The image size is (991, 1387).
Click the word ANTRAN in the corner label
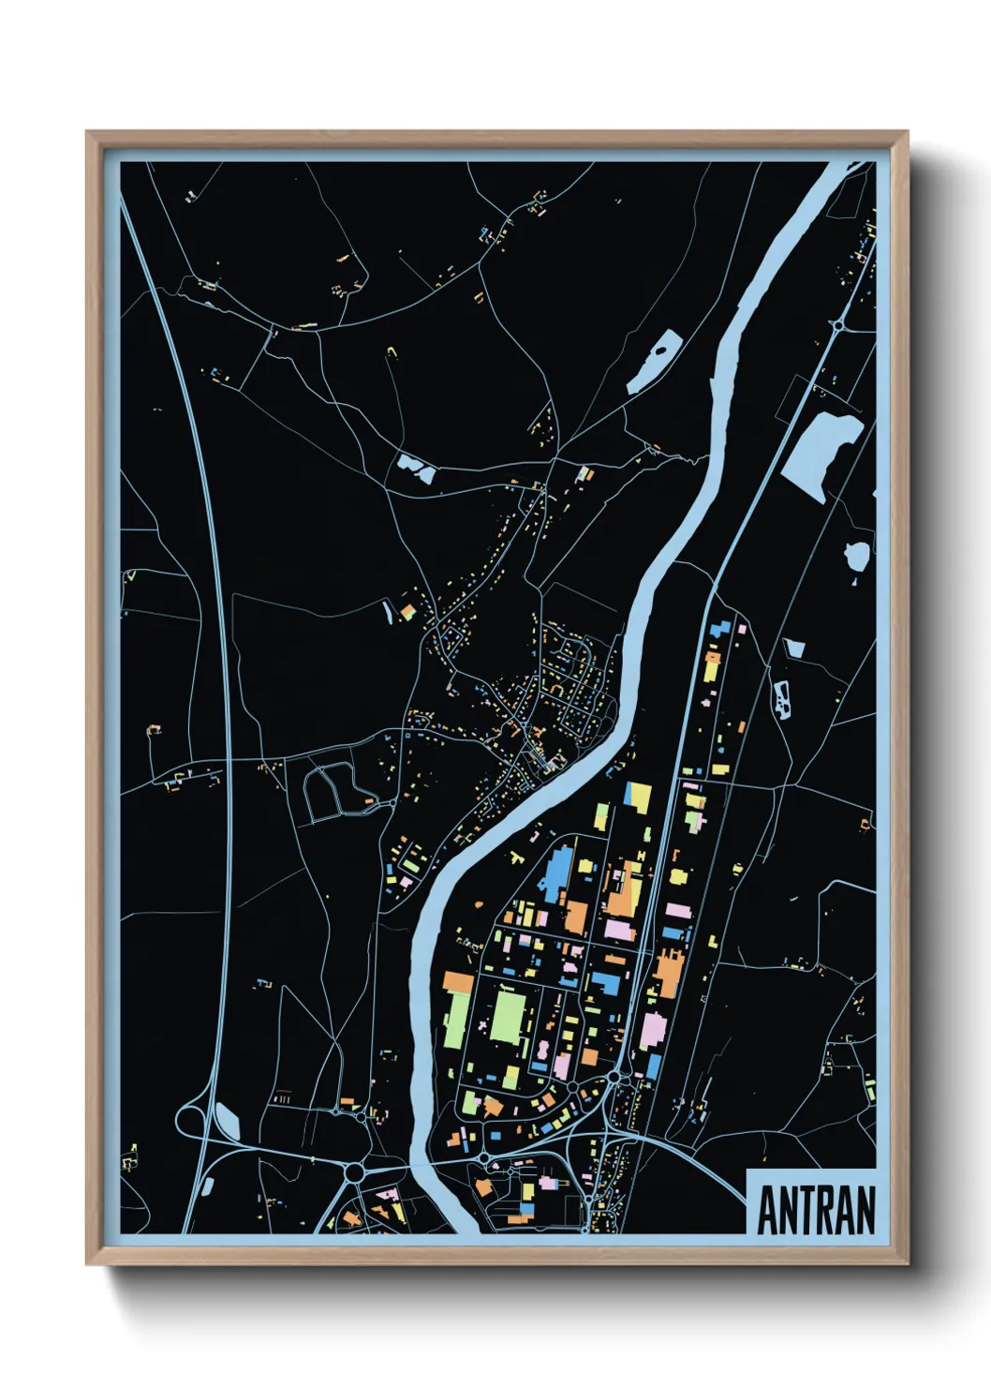pyautogui.click(x=816, y=1211)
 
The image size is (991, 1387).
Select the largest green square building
pyautogui.click(x=510, y=1015)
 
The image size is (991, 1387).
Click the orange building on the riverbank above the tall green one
pyautogui.click(x=458, y=981)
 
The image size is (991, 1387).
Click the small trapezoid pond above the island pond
pyautogui.click(x=795, y=648)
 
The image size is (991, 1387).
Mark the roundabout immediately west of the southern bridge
pyautogui.click(x=355, y=1172)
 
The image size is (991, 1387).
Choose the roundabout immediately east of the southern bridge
pyautogui.click(x=483, y=1160)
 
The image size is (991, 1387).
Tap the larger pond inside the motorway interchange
pyautogui.click(x=228, y=1118)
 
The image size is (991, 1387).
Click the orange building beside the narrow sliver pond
pyautogui.click(x=407, y=612)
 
